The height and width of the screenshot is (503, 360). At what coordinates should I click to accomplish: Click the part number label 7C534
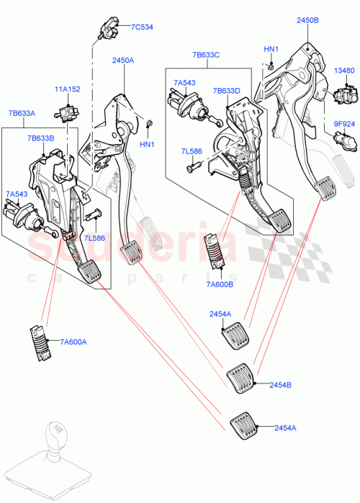pyautogui.click(x=142, y=27)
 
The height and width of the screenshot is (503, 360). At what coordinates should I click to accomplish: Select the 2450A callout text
pyautogui.click(x=122, y=61)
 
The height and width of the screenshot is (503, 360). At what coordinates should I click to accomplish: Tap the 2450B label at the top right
pyautogui.click(x=307, y=21)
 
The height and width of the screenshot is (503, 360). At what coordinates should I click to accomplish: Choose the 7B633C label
pyautogui.click(x=207, y=55)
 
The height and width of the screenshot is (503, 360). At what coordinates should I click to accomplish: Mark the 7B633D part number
pyautogui.click(x=227, y=91)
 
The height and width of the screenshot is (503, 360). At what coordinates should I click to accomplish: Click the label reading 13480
pyautogui.click(x=345, y=71)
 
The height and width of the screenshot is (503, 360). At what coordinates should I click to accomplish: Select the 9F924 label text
pyautogui.click(x=344, y=123)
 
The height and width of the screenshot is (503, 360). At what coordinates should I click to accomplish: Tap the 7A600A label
pyautogui.click(x=73, y=342)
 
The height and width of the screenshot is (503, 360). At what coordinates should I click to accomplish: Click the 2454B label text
pyautogui.click(x=280, y=386)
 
